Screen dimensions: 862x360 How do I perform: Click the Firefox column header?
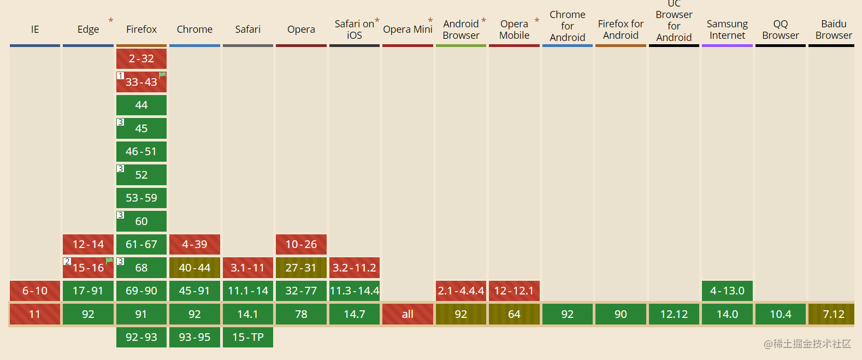click(x=141, y=29)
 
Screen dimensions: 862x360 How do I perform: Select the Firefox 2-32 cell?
click(x=141, y=58)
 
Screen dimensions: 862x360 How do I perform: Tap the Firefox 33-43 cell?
click(x=141, y=81)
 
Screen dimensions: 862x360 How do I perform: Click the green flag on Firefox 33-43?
click(x=162, y=75)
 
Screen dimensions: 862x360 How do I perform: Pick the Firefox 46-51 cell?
click(x=141, y=151)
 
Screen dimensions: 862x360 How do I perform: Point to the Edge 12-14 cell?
click(x=88, y=244)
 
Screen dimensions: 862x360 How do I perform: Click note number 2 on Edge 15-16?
click(x=67, y=262)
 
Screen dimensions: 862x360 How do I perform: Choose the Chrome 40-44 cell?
click(x=194, y=268)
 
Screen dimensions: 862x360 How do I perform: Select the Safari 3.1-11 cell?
click(x=248, y=268)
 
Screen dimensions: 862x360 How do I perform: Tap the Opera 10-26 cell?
click(x=301, y=244)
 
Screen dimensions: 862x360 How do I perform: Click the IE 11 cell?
click(x=34, y=314)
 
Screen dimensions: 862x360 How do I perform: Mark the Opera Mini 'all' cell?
click(x=408, y=314)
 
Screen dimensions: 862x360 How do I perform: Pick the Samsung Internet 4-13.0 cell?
click(x=727, y=291)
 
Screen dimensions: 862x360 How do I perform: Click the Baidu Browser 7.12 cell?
click(x=834, y=314)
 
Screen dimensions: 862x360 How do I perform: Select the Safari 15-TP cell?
click(x=248, y=337)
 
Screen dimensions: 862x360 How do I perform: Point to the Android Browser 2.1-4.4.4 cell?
click(x=460, y=291)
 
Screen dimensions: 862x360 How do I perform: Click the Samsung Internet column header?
click(x=727, y=29)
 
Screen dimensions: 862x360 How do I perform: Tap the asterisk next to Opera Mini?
click(x=430, y=20)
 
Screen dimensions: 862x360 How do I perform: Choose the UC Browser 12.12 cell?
click(x=674, y=314)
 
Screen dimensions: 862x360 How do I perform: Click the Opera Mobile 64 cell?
click(x=514, y=314)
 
